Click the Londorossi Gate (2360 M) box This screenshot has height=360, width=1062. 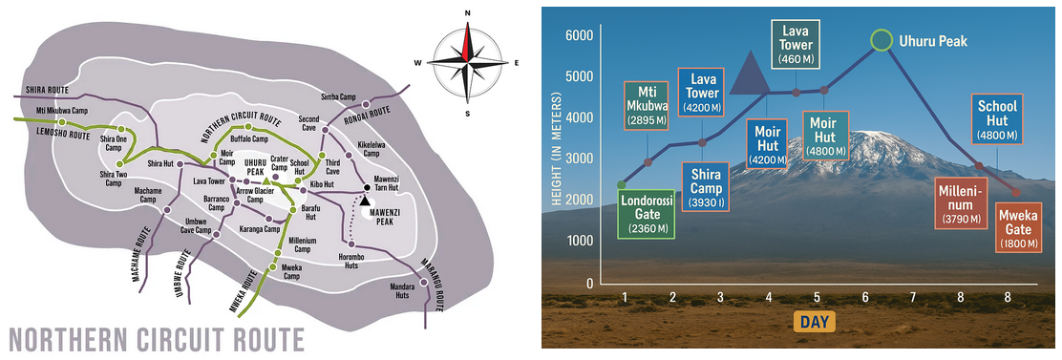click(647, 214)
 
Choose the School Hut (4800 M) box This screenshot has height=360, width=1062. click(998, 120)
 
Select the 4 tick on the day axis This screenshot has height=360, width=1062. click(768, 296)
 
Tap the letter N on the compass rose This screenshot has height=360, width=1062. click(467, 12)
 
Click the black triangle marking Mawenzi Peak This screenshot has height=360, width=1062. click(365, 201)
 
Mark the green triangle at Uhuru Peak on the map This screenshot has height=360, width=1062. click(266, 181)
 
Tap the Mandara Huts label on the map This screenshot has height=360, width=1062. click(403, 290)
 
